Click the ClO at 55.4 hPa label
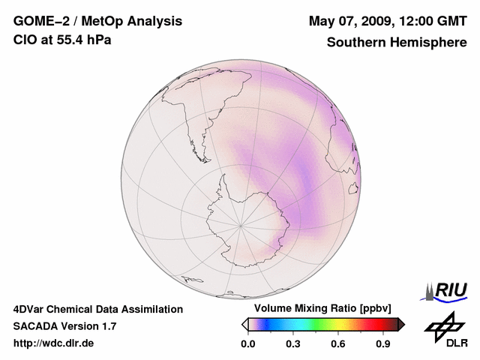[x=62, y=40]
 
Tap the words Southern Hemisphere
[x=397, y=43]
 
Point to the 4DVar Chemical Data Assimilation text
[x=98, y=309]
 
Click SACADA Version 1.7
[x=64, y=326]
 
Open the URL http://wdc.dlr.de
[x=54, y=343]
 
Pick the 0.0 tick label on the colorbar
[x=247, y=343]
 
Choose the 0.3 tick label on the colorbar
[x=293, y=343]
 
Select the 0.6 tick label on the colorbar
[x=338, y=343]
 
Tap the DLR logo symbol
[x=443, y=326]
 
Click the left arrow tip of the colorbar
[x=244, y=324]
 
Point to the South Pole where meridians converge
[x=240, y=224]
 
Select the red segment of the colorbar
[x=369, y=324]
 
